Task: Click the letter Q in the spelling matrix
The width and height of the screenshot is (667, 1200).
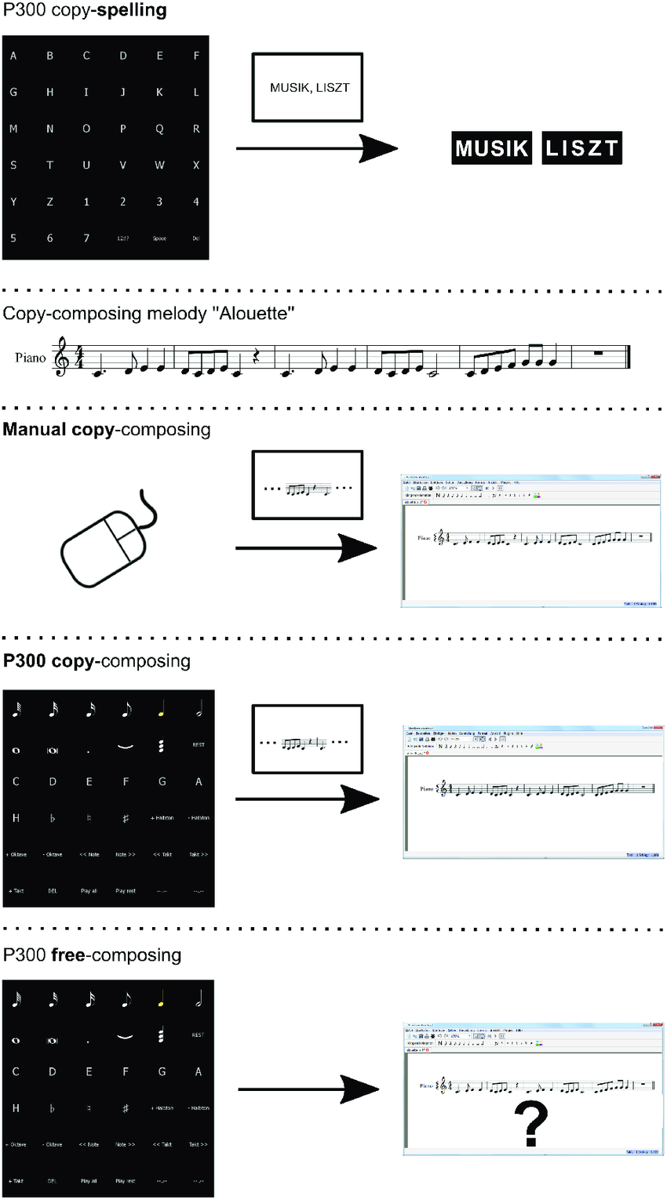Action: [159, 129]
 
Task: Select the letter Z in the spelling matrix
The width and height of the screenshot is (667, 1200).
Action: [49, 202]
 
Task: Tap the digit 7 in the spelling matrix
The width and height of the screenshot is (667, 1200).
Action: [86, 238]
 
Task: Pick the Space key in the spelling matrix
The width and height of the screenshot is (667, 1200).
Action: [159, 238]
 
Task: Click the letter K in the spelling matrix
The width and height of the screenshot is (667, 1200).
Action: [159, 93]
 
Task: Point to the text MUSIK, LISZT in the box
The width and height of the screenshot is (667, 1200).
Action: [309, 88]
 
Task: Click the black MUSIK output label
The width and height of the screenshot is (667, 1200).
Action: [492, 148]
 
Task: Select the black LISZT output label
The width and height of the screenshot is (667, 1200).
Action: [581, 148]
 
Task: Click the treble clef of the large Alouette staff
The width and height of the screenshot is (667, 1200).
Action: [60, 357]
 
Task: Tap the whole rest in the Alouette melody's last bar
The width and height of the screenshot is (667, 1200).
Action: [600, 353]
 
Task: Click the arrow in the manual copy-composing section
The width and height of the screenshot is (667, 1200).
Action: [307, 547]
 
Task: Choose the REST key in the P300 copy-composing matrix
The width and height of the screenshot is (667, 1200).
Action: [199, 744]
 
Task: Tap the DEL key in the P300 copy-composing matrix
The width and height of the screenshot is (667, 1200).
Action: [52, 891]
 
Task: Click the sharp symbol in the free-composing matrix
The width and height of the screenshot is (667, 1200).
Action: [126, 1108]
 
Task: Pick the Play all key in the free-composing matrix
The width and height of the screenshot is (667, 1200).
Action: [89, 1180]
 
